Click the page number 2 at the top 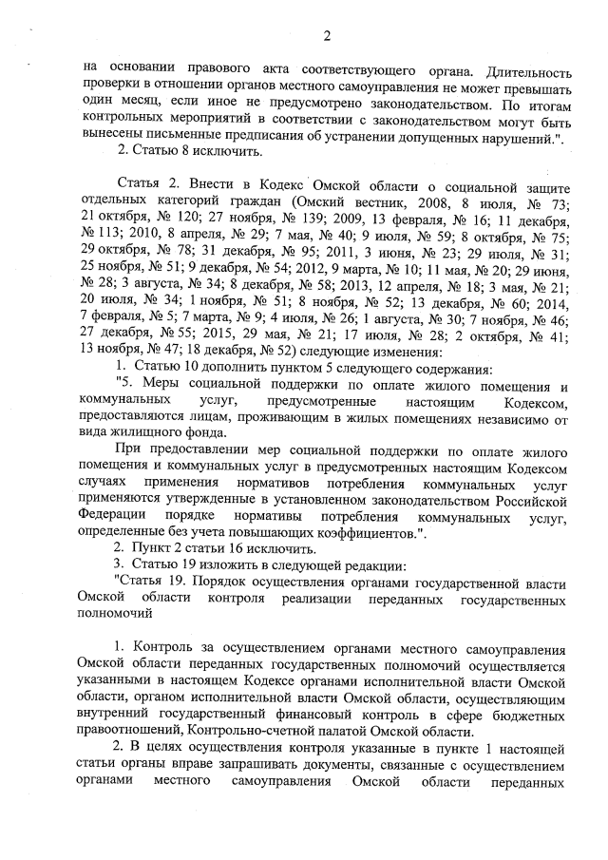pos(326,37)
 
